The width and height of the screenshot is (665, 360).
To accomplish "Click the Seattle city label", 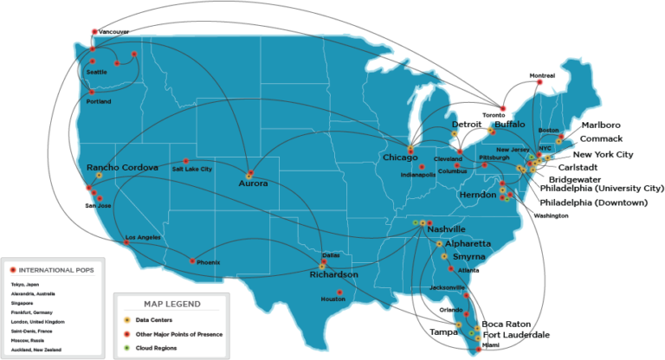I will tap(96, 72).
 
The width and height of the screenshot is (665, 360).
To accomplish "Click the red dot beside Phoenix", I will tap(192, 260).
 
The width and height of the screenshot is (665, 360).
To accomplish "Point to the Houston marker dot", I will tap(339, 292).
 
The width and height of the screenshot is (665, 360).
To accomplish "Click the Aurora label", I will tap(253, 183).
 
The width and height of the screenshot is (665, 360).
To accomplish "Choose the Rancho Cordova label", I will tap(122, 167).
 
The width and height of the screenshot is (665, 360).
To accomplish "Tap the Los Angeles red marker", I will tap(127, 243).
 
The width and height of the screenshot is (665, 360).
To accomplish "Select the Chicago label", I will tap(400, 157).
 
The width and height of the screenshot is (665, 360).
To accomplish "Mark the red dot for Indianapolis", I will tap(421, 167).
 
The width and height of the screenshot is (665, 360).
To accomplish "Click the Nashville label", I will tap(447, 228).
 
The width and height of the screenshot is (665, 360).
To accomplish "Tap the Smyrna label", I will tap(468, 257).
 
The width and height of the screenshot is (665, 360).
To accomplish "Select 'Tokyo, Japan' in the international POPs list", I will tap(26, 285).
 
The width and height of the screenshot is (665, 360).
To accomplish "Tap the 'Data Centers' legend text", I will tap(155, 320).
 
